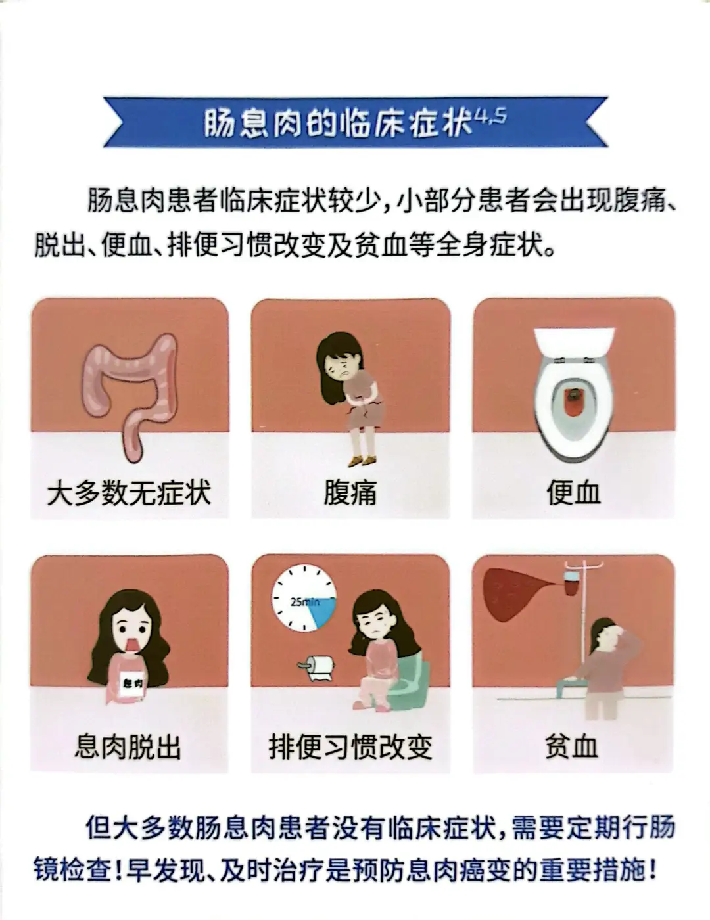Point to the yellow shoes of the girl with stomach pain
point(362,460)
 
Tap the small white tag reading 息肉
point(133,683)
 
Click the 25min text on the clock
point(305,601)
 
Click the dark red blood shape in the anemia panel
point(514,593)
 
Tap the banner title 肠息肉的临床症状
point(338,123)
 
